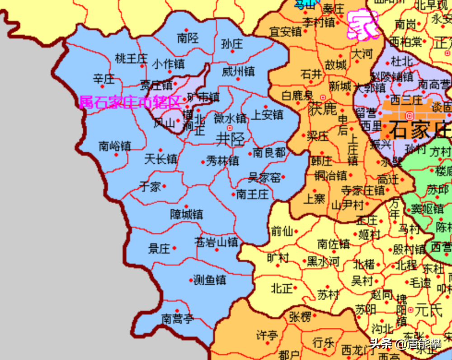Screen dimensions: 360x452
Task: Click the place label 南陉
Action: [188, 38]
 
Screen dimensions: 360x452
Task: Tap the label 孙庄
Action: [232, 44]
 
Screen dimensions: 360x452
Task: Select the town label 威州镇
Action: [238, 71]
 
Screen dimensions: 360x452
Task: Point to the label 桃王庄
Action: [131, 59]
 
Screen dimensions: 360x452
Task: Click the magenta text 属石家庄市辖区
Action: [130, 103]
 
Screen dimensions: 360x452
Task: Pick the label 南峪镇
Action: [115, 146]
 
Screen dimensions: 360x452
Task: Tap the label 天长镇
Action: [160, 159]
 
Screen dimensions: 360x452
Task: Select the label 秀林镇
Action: [222, 161]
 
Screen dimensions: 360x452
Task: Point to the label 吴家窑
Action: [264, 178]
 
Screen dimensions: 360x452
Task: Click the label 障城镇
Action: [186, 214]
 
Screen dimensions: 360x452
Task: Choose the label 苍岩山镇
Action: [216, 242]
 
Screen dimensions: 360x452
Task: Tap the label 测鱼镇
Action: [209, 280]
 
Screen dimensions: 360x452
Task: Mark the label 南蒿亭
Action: [178, 319]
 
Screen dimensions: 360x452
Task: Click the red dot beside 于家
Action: [165, 186]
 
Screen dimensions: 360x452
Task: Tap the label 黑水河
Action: [323, 261]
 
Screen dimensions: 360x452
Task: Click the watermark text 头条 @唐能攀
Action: [405, 344]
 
